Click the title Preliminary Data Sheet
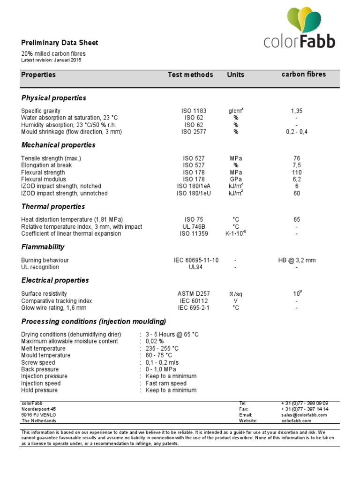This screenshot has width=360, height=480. tap(60, 43)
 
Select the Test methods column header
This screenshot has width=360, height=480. tap(190, 75)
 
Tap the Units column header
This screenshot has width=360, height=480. tap(235, 75)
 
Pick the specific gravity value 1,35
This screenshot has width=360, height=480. tap(297, 111)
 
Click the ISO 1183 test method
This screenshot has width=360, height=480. tap(194, 111)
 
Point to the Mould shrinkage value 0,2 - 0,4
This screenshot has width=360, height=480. tap(297, 132)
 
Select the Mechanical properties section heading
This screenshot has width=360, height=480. tap(58, 145)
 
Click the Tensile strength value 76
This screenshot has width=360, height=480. tap(297, 158)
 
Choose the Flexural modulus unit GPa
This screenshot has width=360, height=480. tap(236, 180)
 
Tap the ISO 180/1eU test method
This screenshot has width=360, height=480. tap(194, 194)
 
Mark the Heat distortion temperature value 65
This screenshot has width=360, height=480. tap(297, 219)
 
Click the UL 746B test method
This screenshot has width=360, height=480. tap(194, 227)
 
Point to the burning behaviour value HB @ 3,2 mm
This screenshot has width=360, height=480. tap(297, 260)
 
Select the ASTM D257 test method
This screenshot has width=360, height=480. tap(194, 294)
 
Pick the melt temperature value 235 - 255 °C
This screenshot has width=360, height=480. tap(162, 348)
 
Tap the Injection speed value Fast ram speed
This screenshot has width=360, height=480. tap(166, 383)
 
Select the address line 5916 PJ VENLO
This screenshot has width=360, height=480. tap(40, 415)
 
